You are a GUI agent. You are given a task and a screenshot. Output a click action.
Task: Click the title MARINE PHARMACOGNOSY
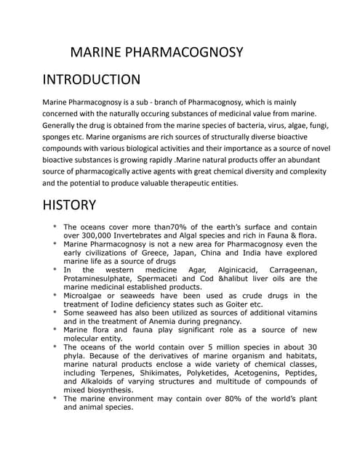tap(156, 53)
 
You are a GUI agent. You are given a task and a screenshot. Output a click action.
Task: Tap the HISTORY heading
tap(69, 206)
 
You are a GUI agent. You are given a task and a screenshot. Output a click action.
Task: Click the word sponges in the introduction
tap(60, 137)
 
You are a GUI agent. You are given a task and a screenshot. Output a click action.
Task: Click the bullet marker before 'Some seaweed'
tap(55, 312)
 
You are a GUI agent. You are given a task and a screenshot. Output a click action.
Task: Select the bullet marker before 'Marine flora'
tap(55, 329)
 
